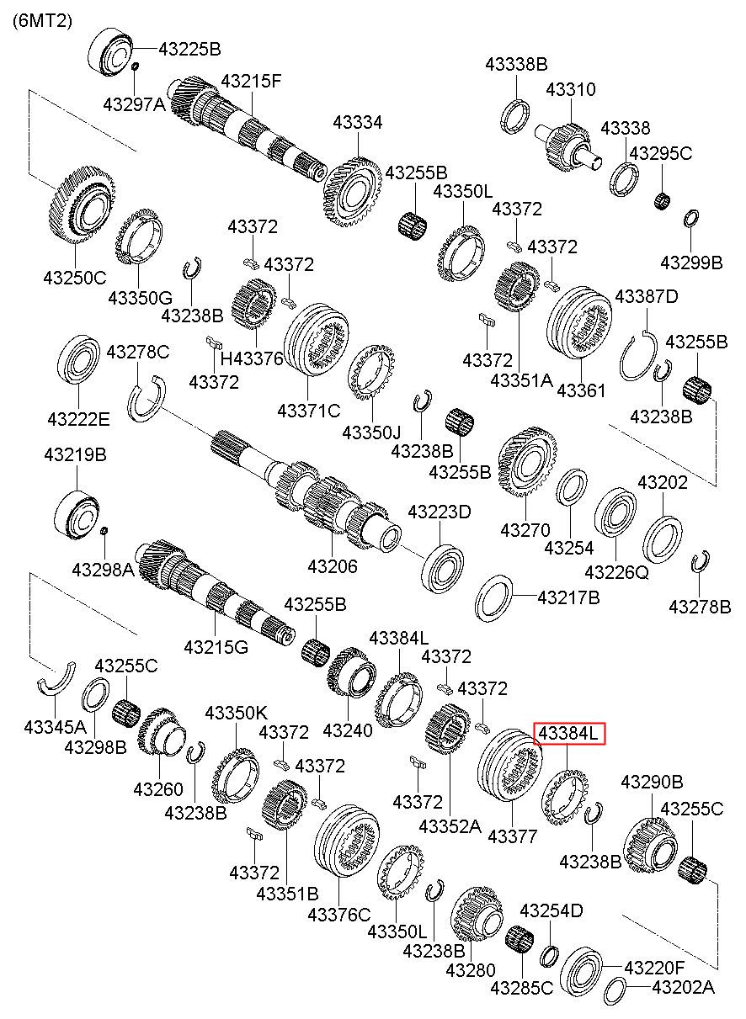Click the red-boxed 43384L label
[569, 733]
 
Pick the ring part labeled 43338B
[516, 116]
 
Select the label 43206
[332, 566]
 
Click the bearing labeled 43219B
[78, 513]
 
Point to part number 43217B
[568, 598]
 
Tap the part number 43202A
[683, 987]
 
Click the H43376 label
[251, 358]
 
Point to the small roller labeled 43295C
[662, 199]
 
